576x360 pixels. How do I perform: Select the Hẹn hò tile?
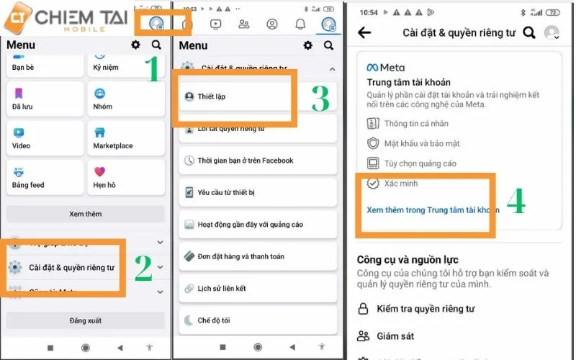[x=126, y=177]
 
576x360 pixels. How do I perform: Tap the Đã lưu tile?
[x=45, y=99]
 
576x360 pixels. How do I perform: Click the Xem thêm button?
[x=86, y=214]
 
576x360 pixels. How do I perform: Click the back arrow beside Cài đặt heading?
[x=364, y=32]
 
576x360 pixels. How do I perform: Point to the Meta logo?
[x=386, y=68]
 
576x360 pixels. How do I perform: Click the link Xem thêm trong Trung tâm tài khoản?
[x=432, y=210]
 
